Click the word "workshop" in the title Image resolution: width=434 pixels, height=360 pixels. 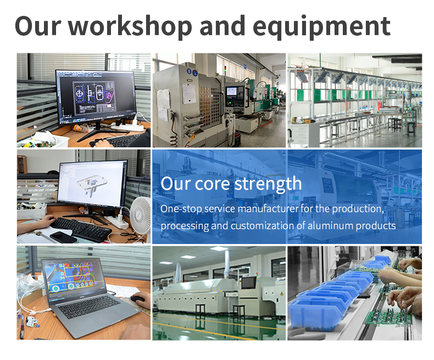click(130, 26)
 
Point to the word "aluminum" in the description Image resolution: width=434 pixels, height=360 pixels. click(330, 225)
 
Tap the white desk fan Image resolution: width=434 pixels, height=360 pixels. click(140, 214)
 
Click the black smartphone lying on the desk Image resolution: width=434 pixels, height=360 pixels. click(63, 237)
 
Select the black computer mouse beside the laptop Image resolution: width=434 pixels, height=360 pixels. click(138, 299)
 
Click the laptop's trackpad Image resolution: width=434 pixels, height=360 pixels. click(107, 319)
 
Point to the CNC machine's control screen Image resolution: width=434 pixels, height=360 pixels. click(232, 91)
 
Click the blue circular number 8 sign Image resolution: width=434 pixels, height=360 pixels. click(189, 71)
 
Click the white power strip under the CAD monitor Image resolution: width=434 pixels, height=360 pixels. click(128, 126)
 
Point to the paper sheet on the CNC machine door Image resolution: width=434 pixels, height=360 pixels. click(189, 93)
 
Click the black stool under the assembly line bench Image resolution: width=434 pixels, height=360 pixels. click(411, 128)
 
